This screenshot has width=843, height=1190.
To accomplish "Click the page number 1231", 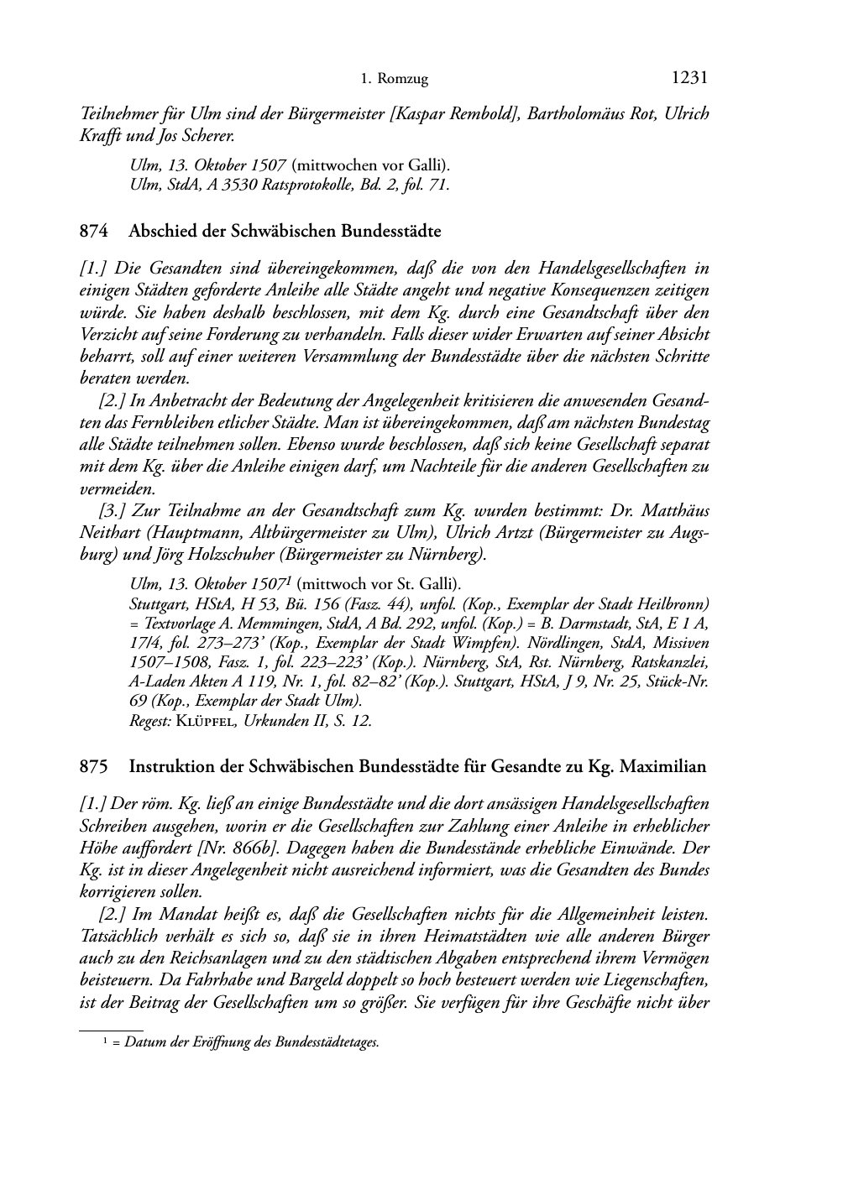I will pyautogui.click(x=689, y=78).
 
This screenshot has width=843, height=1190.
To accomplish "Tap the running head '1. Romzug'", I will pyautogui.click(x=394, y=79).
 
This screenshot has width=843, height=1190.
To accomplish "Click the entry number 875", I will pyautogui.click(x=93, y=766).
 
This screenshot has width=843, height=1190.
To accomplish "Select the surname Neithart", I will pyautogui.click(x=110, y=532).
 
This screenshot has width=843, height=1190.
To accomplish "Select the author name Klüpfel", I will pyautogui.click(x=207, y=721).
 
